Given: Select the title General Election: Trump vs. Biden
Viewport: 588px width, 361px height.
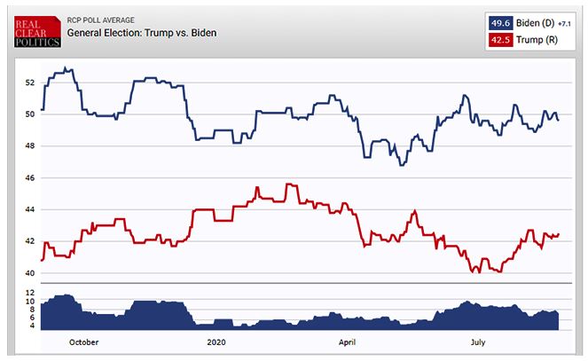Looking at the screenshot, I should pyautogui.click(x=142, y=33).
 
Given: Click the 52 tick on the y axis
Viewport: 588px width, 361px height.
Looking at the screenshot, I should pyautogui.click(x=29, y=82).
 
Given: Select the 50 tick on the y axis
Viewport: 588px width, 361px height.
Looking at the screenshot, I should pyautogui.click(x=29, y=114).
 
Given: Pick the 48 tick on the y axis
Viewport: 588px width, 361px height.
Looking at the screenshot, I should pyautogui.click(x=29, y=146).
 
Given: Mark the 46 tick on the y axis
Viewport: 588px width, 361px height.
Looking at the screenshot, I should pyautogui.click(x=29, y=178).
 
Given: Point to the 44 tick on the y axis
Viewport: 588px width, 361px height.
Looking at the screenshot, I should pyautogui.click(x=29, y=210).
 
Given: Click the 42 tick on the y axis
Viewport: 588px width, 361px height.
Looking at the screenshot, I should pyautogui.click(x=29, y=241).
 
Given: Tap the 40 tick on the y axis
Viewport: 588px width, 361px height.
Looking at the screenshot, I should pyautogui.click(x=29, y=273).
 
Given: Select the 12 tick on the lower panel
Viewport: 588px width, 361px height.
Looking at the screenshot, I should pyautogui.click(x=29, y=293).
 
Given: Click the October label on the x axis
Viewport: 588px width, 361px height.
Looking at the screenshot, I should pyautogui.click(x=83, y=342).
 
